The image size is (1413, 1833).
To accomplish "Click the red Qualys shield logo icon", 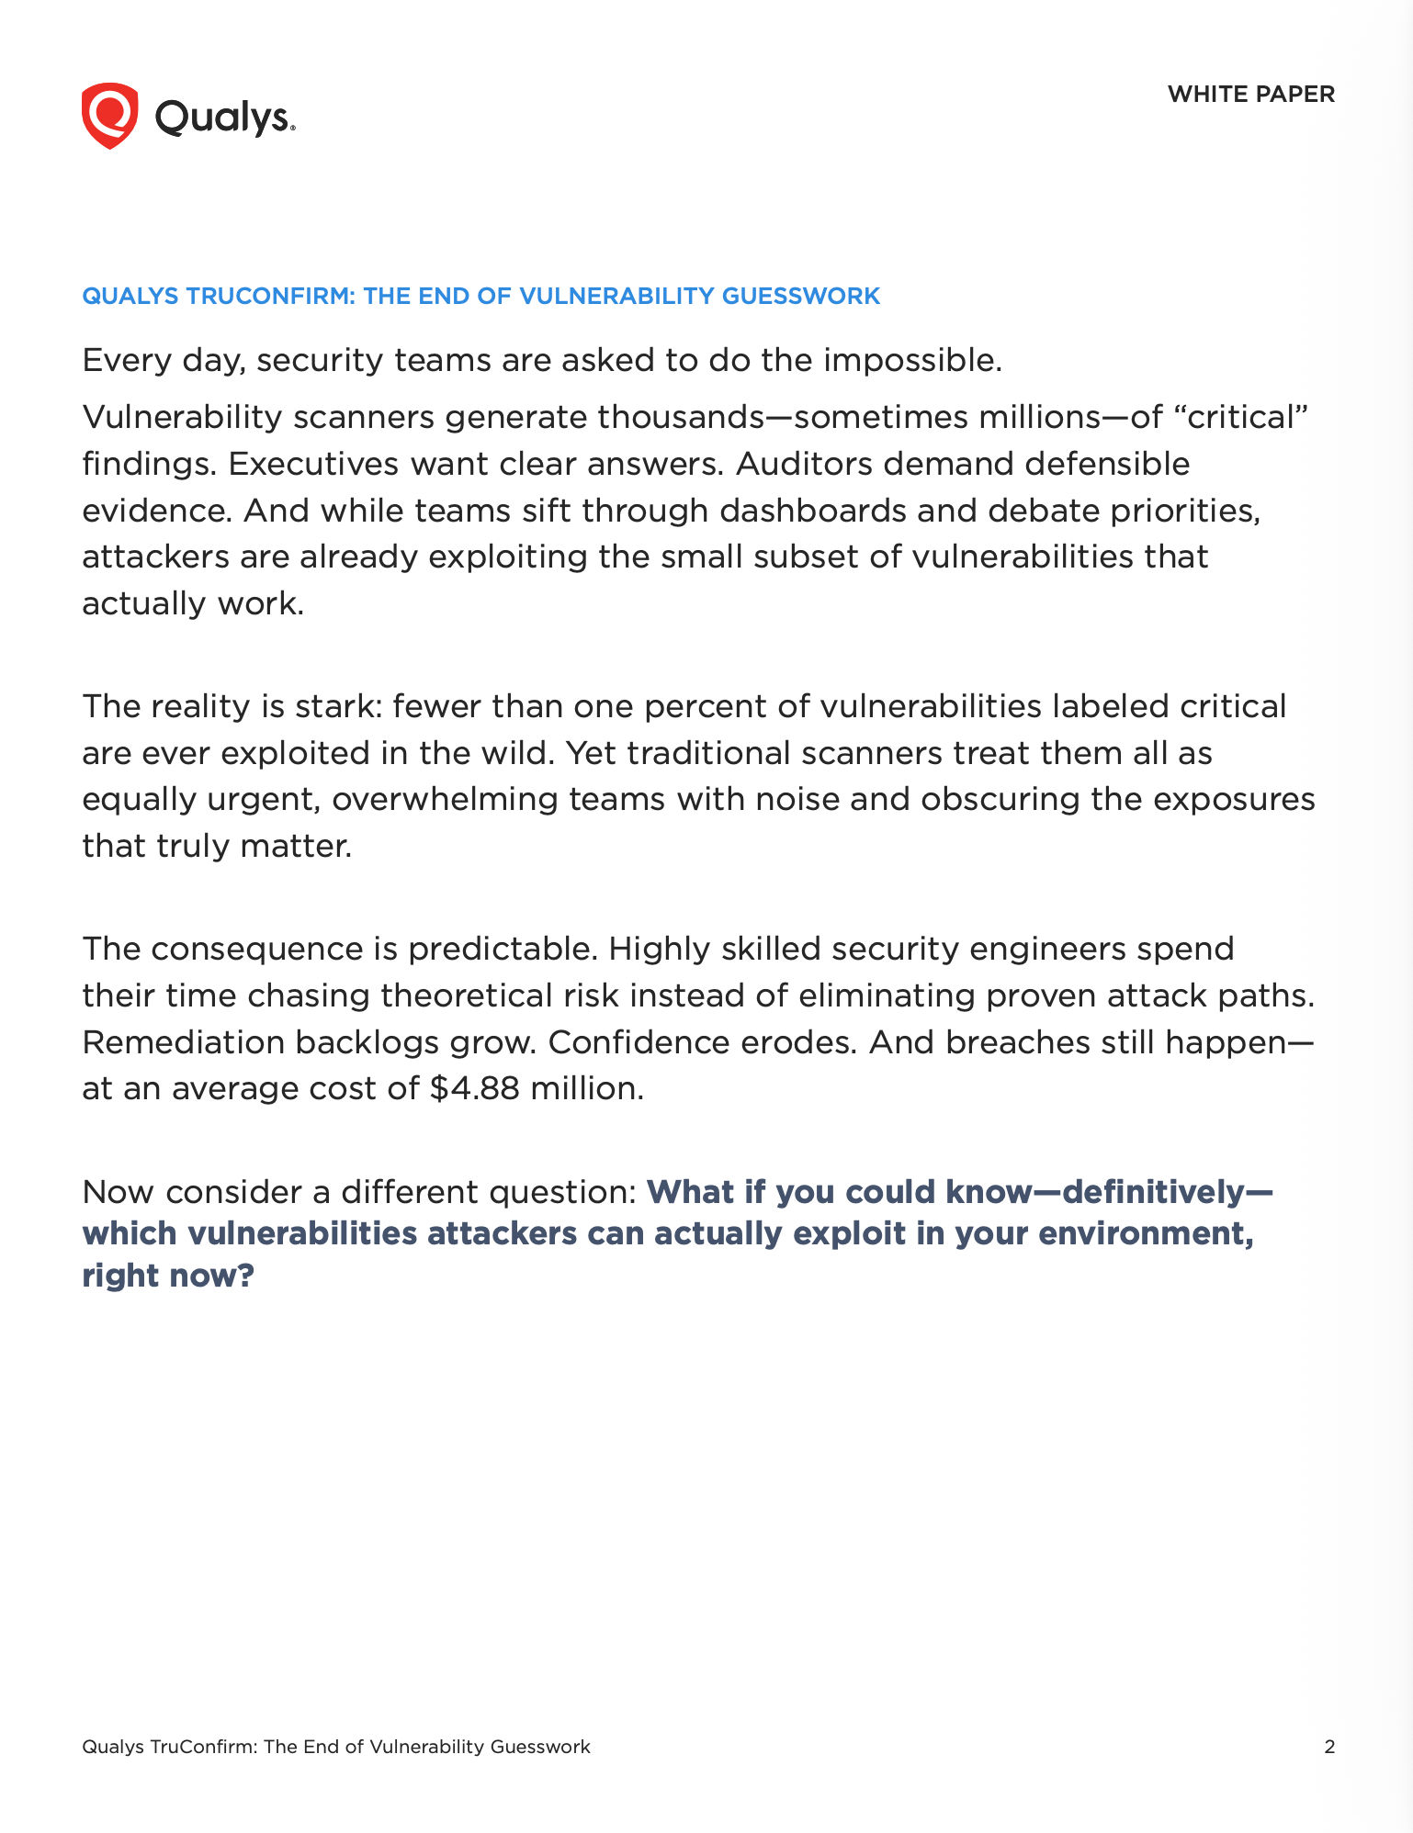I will (109, 116).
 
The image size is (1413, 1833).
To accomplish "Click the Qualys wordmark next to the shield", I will (224, 118).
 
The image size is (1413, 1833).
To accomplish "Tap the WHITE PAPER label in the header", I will (1250, 94).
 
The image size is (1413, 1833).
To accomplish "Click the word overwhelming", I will (446, 799).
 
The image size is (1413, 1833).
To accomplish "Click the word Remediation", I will (183, 1042).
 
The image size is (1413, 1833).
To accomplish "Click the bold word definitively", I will (1152, 1192).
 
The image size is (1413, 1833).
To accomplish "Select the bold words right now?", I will (168, 1276).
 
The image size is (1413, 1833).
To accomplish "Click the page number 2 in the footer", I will (1328, 1747).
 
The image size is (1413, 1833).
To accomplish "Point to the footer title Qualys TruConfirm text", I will (335, 1747).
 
